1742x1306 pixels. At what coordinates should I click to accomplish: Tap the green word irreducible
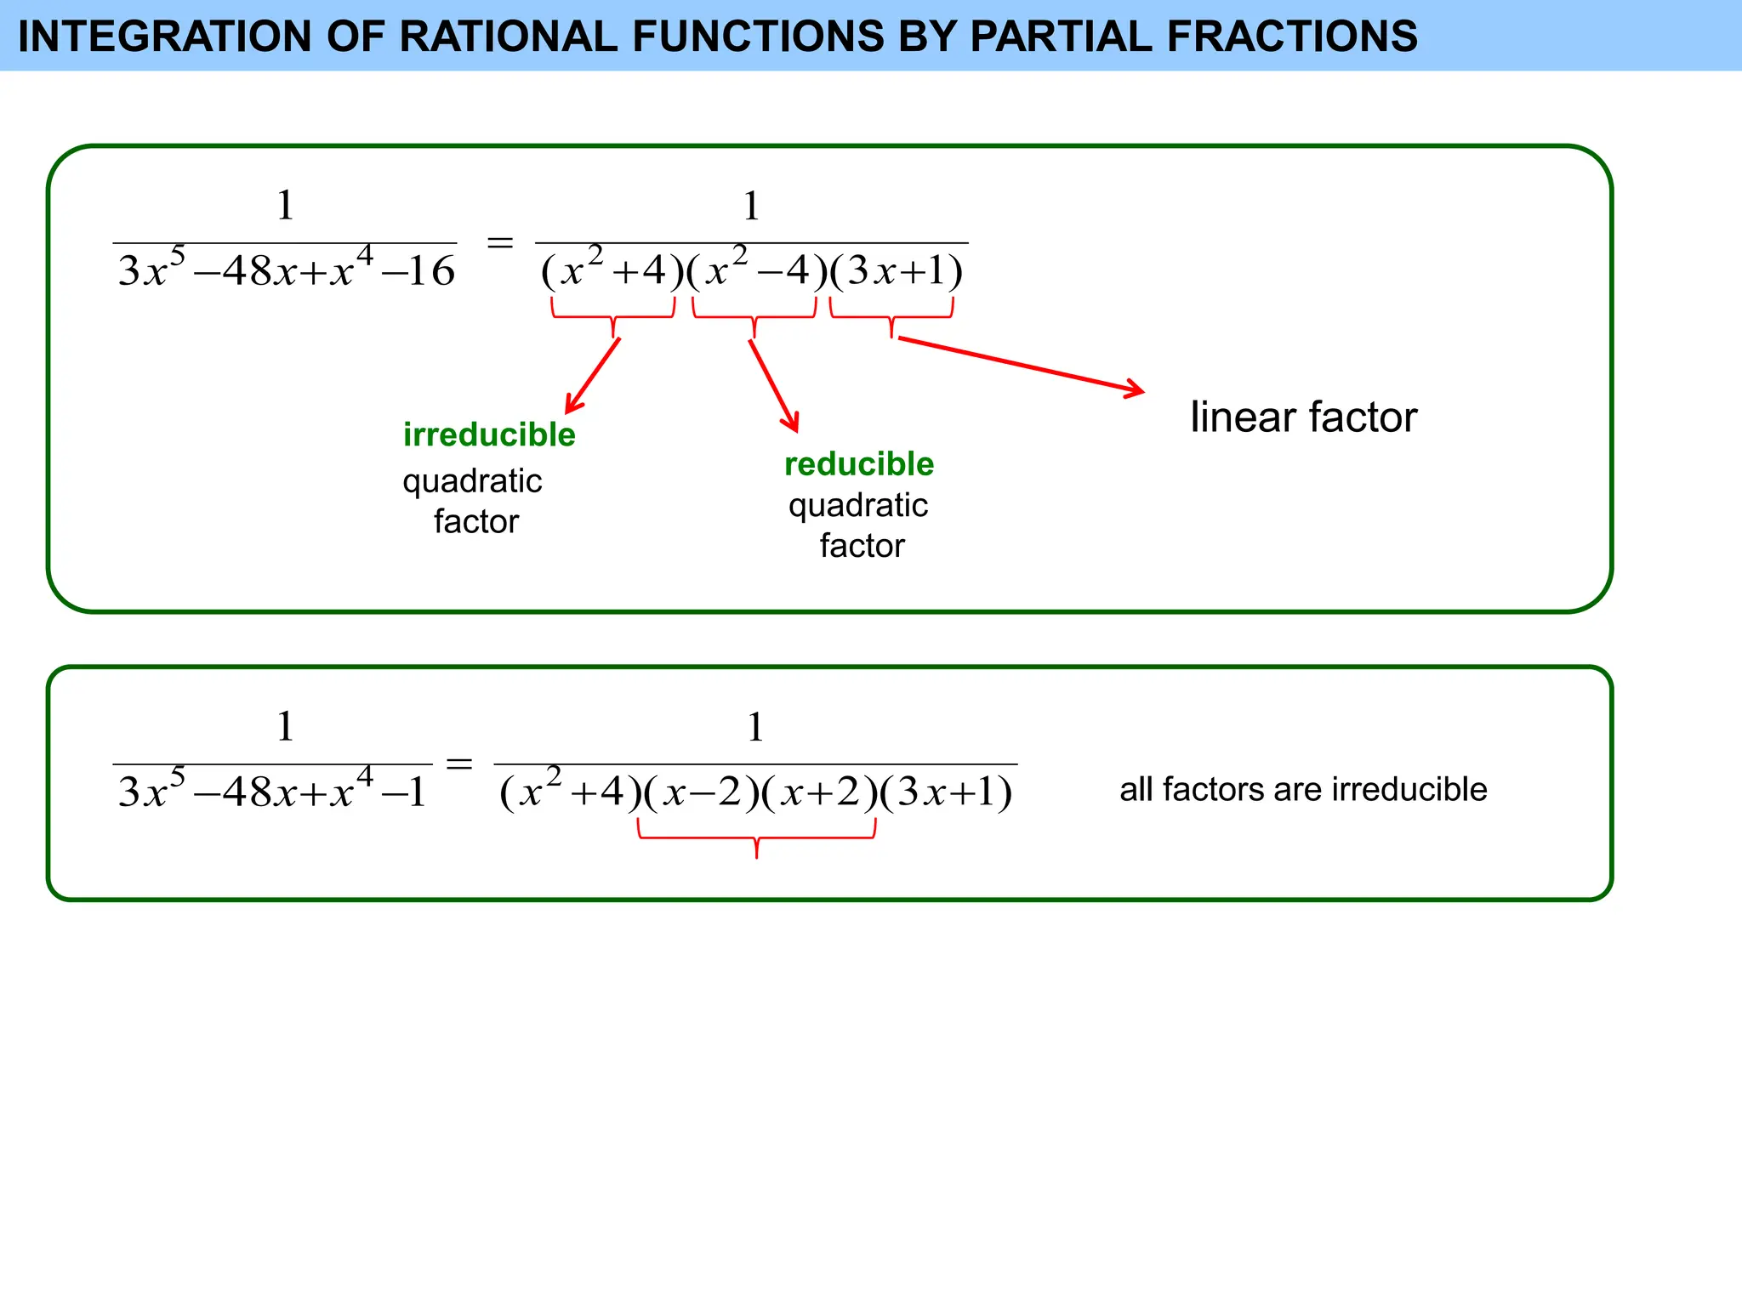click(x=489, y=434)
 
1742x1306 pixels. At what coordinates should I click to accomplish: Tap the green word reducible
click(x=859, y=464)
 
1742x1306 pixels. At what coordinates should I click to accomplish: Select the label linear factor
click(x=1303, y=417)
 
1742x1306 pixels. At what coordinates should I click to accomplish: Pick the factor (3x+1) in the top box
click(x=897, y=271)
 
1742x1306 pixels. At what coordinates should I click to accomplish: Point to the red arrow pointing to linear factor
click(x=1021, y=366)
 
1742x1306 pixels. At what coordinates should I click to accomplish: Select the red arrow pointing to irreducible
click(x=593, y=376)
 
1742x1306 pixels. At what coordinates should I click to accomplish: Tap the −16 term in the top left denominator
click(x=418, y=271)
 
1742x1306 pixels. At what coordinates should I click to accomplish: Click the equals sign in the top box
click(x=499, y=243)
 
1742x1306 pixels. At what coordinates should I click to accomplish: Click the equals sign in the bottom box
click(x=459, y=764)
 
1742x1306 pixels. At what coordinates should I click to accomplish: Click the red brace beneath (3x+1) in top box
click(x=891, y=317)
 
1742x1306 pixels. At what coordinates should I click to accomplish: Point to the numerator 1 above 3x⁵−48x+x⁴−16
click(x=285, y=206)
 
